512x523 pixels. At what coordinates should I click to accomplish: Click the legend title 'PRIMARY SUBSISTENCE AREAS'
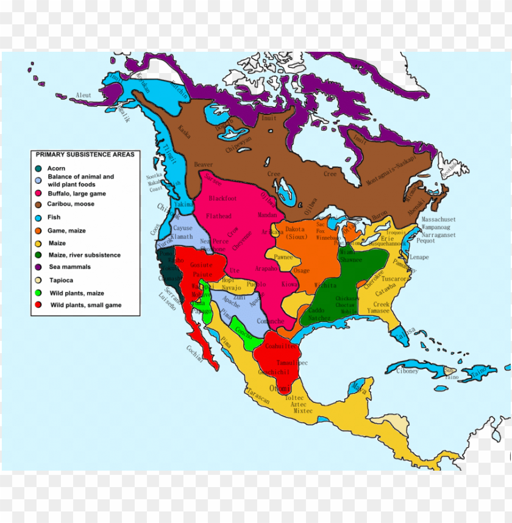[85, 155]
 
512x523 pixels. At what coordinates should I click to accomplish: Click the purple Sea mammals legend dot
[38, 267]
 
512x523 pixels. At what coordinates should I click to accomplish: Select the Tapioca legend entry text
[61, 281]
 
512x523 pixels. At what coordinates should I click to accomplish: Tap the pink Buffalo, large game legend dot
[38, 193]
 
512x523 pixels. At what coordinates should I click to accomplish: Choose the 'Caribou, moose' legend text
[71, 204]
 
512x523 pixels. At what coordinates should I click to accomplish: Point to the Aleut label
[83, 96]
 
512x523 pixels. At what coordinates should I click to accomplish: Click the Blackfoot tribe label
[222, 198]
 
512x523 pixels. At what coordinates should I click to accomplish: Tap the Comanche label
[271, 321]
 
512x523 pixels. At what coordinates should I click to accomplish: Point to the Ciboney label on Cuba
[407, 371]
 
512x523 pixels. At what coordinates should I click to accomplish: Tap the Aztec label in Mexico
[298, 404]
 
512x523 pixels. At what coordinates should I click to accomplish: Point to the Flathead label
[219, 216]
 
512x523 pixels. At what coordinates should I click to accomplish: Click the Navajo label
[232, 287]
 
